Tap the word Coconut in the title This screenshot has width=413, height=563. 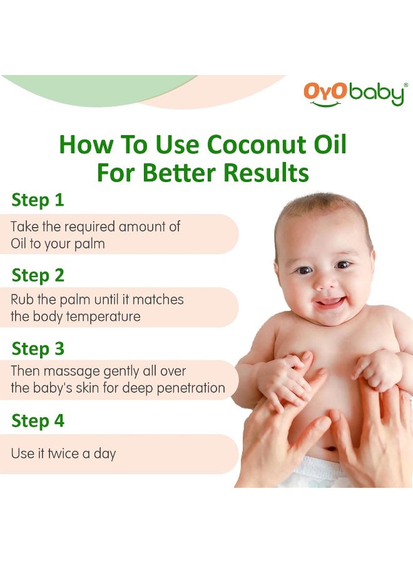[x=259, y=145]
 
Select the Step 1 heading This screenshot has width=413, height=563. [x=38, y=200]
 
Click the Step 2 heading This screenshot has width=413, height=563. [x=38, y=275]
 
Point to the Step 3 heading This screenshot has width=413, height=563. [x=38, y=348]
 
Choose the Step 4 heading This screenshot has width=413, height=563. [x=38, y=421]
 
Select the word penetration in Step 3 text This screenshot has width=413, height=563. [x=187, y=388]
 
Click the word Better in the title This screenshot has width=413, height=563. [x=181, y=173]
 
